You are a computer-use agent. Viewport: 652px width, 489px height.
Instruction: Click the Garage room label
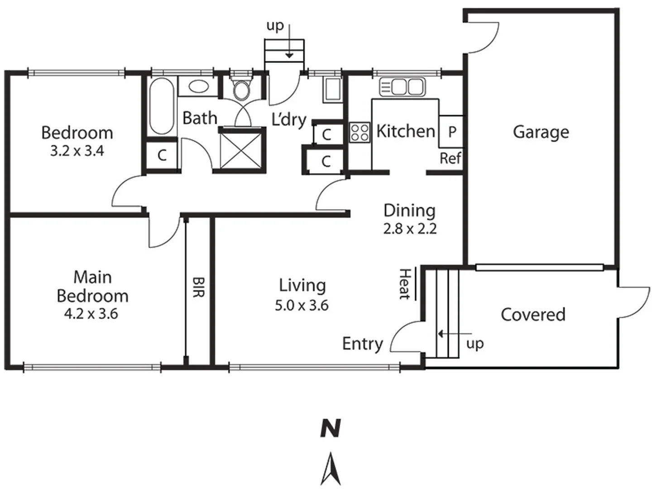[541, 132]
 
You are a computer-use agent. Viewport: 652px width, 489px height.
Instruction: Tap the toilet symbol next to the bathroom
[241, 89]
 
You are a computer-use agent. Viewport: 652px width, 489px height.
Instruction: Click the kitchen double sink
[402, 87]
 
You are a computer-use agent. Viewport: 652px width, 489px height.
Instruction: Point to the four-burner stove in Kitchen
[360, 133]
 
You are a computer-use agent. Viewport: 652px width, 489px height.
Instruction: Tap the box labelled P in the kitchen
[451, 132]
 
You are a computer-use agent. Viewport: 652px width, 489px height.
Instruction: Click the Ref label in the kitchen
[451, 158]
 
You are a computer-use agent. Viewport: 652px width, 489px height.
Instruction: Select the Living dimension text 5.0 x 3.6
[302, 306]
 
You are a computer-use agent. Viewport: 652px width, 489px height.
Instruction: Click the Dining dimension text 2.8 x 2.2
[410, 229]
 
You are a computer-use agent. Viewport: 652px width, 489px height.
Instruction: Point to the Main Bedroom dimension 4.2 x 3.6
[91, 314]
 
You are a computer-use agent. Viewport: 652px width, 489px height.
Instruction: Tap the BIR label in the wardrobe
[198, 287]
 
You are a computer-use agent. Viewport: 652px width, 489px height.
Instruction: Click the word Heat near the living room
[404, 284]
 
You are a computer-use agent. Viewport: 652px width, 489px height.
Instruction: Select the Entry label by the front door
[362, 344]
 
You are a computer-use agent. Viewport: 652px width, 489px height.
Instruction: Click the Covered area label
[533, 315]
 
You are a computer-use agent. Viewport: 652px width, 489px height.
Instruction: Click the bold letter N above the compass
[331, 428]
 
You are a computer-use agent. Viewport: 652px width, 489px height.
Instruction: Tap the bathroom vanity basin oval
[198, 86]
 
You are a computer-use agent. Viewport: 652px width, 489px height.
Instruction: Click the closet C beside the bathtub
[162, 155]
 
